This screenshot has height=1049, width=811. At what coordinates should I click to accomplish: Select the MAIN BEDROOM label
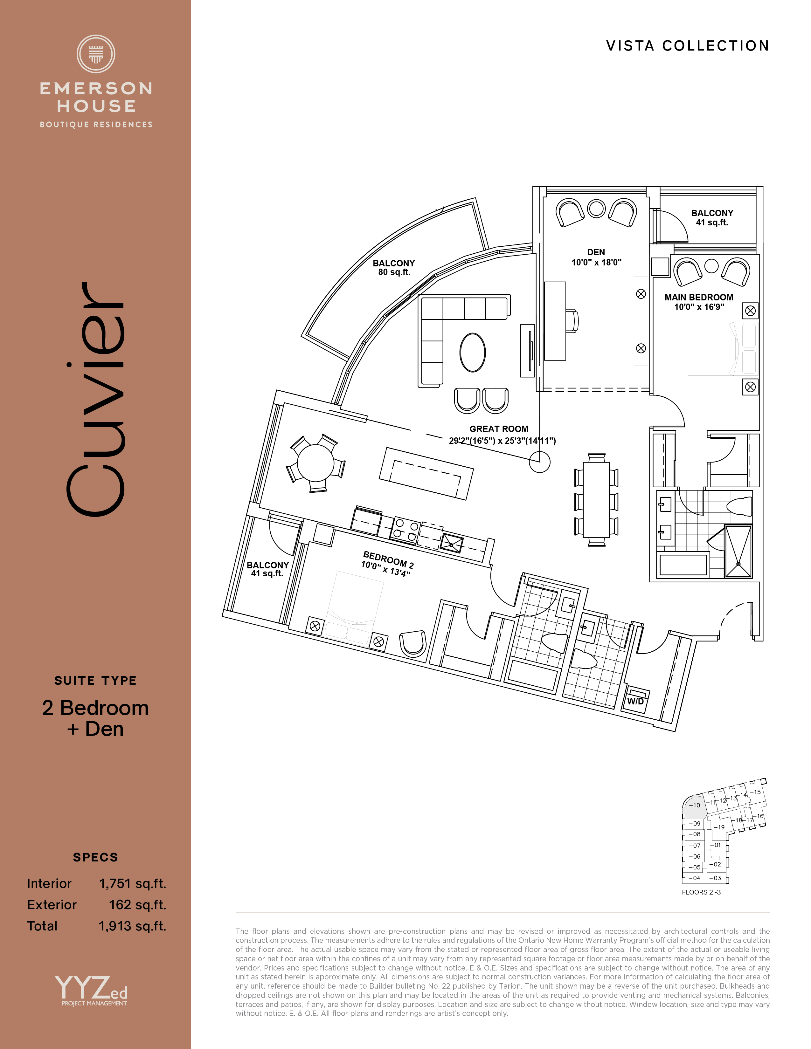[699, 297]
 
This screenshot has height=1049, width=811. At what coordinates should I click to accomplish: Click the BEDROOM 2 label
[388, 559]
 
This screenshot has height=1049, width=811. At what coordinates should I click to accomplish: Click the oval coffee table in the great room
[473, 353]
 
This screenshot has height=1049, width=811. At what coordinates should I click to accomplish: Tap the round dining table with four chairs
[316, 463]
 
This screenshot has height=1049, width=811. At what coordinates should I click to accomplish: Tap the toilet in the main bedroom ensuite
[739, 507]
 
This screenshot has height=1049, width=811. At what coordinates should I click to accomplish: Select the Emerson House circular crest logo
[96, 54]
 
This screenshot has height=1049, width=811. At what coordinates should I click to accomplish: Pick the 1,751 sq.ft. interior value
[133, 883]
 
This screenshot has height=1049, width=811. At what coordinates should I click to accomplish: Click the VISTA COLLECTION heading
[688, 46]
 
